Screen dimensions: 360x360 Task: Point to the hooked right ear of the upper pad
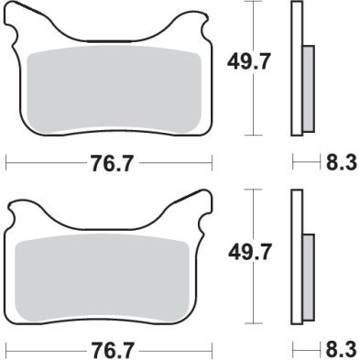click(x=189, y=20)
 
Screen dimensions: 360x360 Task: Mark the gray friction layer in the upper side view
click(x=307, y=82)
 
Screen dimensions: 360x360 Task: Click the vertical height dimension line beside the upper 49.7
click(x=253, y=101)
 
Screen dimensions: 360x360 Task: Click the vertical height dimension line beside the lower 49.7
click(x=253, y=293)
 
